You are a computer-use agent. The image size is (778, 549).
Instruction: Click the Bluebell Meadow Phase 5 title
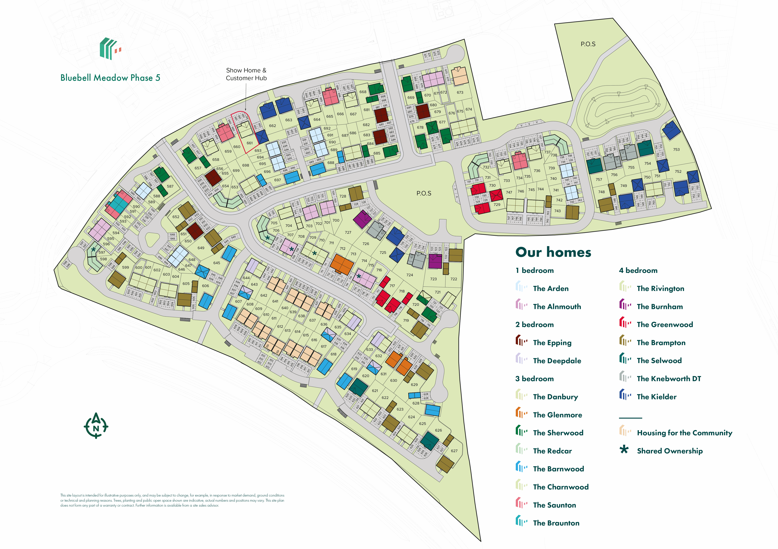[110, 78]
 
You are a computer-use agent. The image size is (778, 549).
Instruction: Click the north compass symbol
[96, 426]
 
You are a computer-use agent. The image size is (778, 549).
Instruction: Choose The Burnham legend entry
[659, 306]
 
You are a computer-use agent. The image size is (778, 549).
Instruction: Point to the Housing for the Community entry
[684, 433]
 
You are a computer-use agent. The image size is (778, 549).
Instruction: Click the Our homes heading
[553, 252]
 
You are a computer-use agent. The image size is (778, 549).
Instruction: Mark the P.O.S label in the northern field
[588, 44]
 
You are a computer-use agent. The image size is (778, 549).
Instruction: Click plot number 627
[454, 451]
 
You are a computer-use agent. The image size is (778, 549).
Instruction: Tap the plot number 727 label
[348, 233]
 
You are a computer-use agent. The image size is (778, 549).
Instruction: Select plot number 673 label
[460, 93]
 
